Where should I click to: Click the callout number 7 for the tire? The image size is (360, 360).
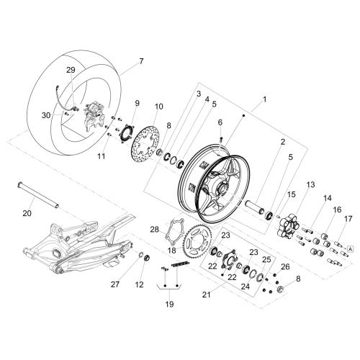pyautogui.click(x=141, y=61)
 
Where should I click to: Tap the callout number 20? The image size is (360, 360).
pyautogui.click(x=27, y=213)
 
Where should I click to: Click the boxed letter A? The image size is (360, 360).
pyautogui.click(x=350, y=249)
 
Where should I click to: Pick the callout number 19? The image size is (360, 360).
pyautogui.click(x=169, y=305)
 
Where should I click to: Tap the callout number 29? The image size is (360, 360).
pyautogui.click(x=71, y=70)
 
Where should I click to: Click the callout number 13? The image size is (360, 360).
pyautogui.click(x=310, y=185)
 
